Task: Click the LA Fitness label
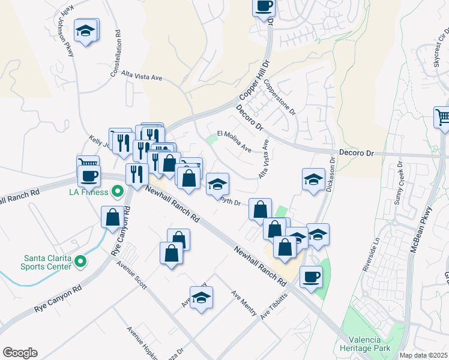(x=88, y=192)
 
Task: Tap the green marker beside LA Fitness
(x=118, y=192)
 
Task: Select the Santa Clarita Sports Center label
(x=47, y=262)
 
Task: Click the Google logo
(x=20, y=353)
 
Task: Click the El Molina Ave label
(x=234, y=141)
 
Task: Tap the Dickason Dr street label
(x=330, y=174)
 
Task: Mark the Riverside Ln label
(x=370, y=253)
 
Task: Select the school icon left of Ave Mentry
(x=201, y=297)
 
